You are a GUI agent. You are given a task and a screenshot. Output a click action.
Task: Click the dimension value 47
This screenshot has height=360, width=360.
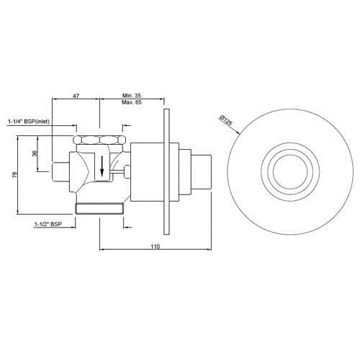coord(76,96)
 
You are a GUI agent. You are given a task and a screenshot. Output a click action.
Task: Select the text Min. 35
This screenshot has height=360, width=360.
coord(132,96)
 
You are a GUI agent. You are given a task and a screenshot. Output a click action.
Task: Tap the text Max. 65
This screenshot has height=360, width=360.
coord(132,102)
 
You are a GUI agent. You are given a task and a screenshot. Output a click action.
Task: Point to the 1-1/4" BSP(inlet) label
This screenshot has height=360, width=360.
coord(29,122)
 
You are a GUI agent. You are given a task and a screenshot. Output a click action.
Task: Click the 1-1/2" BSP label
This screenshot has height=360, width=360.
coord(48,224)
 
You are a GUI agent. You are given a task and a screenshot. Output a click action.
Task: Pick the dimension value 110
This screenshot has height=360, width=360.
coord(156,246)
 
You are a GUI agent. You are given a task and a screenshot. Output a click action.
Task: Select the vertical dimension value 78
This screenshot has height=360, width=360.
coord(15,174)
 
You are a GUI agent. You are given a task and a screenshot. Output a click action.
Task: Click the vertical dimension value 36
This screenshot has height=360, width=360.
coord(35,153)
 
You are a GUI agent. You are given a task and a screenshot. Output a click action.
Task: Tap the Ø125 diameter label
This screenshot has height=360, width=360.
coord(226,120)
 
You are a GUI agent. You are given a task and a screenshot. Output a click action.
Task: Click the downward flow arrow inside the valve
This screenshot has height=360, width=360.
coord(102,166)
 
